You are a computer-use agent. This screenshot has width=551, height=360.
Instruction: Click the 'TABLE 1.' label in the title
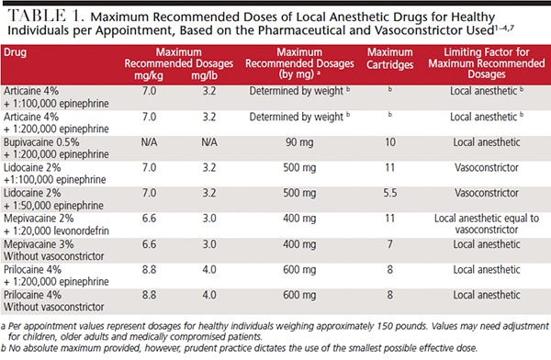coord(46,16)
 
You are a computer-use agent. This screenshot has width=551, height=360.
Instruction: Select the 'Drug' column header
coord(15,52)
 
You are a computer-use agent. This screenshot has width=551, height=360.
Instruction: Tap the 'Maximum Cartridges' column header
coord(389,59)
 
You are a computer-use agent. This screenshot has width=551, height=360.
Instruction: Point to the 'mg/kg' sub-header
coord(149,75)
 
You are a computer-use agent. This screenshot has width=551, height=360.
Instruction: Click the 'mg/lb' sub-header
coord(204,75)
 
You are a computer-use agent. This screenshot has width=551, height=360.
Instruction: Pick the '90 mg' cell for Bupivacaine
coord(299,142)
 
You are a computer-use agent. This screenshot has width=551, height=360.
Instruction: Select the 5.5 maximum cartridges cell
coord(390,193)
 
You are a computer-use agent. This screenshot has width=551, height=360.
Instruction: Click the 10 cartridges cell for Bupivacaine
coord(390,142)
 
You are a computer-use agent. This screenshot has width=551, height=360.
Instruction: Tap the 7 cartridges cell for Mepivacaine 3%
coord(390,244)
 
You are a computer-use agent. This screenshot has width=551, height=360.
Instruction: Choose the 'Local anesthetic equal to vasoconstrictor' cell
coord(487,224)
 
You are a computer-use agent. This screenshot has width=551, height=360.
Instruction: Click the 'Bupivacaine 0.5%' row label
coord(41,142)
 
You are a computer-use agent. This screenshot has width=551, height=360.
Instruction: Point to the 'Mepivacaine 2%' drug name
coord(39,219)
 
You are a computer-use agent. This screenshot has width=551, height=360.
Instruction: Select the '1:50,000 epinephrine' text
coord(59,206)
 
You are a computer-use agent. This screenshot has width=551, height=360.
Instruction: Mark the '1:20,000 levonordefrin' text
coord(62,231)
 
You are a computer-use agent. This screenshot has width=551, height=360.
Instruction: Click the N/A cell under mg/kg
coord(149,142)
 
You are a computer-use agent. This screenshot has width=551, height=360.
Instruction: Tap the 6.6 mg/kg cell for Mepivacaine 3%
coord(149,244)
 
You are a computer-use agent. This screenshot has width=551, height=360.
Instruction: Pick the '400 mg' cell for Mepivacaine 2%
coord(299,219)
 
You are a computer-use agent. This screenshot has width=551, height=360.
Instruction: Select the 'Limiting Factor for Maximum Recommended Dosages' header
coord(487,63)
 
